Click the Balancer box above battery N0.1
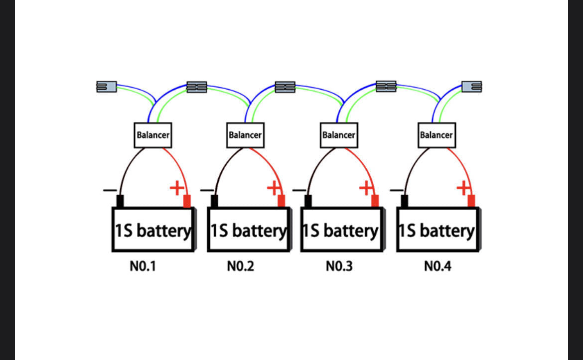[x=153, y=135]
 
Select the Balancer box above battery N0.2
[x=245, y=135]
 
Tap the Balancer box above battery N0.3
[x=339, y=135]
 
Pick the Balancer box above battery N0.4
[x=437, y=135]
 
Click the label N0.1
[x=143, y=266]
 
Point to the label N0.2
[x=241, y=266]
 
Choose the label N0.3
[x=339, y=266]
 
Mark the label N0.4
[x=437, y=266]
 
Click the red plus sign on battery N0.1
[x=176, y=188]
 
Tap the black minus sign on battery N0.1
[x=110, y=191]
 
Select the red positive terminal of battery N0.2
[x=282, y=201]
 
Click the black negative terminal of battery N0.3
[x=308, y=201]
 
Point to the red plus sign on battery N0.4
[x=463, y=188]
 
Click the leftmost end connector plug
[x=107, y=87]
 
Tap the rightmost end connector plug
[x=471, y=87]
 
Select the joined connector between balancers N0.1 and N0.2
[x=197, y=87]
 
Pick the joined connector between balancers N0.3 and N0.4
[x=386, y=86]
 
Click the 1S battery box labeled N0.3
[x=342, y=230]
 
